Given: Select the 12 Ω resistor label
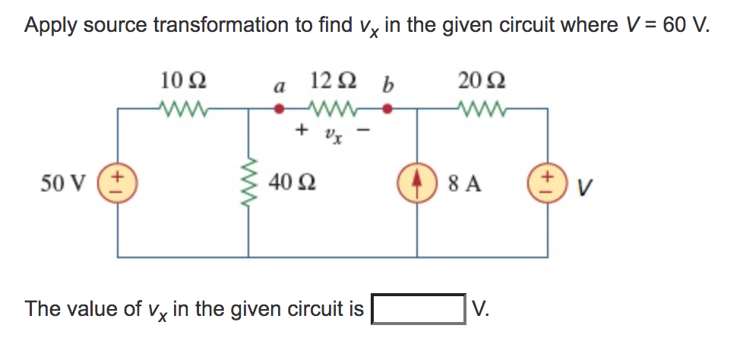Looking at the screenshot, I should (331, 79).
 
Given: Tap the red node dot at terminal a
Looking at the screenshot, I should (280, 109).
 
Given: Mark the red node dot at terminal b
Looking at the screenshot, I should (387, 109).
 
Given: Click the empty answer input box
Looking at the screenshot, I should (418, 309).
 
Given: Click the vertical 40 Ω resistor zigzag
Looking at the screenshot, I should (249, 183).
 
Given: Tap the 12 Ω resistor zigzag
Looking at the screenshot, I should (331, 109).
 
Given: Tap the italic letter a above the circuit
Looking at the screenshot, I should (279, 86).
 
